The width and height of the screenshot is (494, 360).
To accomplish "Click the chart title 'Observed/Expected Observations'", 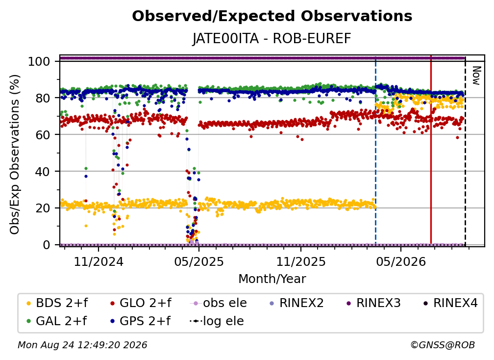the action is pos(272,16).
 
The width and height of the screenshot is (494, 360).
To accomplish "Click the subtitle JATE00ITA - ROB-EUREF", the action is pos(272,39).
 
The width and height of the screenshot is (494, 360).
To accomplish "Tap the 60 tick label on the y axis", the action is pos(43,135).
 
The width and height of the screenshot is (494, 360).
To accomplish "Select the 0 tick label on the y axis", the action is pos(47,245).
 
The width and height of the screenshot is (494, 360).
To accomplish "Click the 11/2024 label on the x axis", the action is pos(99,262).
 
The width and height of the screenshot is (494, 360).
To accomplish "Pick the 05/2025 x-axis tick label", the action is pos(199,262).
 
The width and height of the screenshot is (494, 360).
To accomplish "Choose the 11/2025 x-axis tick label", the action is pos(301,262).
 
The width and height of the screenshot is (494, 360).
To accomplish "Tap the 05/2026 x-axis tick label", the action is pos(401,262).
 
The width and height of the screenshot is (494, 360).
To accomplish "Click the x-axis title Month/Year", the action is pos(272,279).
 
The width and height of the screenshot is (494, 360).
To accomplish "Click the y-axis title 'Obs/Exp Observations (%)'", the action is pos(15,154).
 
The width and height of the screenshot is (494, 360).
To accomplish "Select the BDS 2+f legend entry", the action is pos(57,303).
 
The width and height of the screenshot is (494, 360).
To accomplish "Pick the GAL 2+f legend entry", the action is pos(57,321).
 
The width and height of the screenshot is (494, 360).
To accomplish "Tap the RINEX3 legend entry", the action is pos(373,303).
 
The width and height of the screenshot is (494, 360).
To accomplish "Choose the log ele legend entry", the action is pos(217,321).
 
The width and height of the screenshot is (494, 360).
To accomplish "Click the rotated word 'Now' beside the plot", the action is pos(476,76).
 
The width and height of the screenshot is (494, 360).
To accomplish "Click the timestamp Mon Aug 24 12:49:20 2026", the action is pos(82,345).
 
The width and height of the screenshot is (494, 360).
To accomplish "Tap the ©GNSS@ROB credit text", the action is pos(443,345).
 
